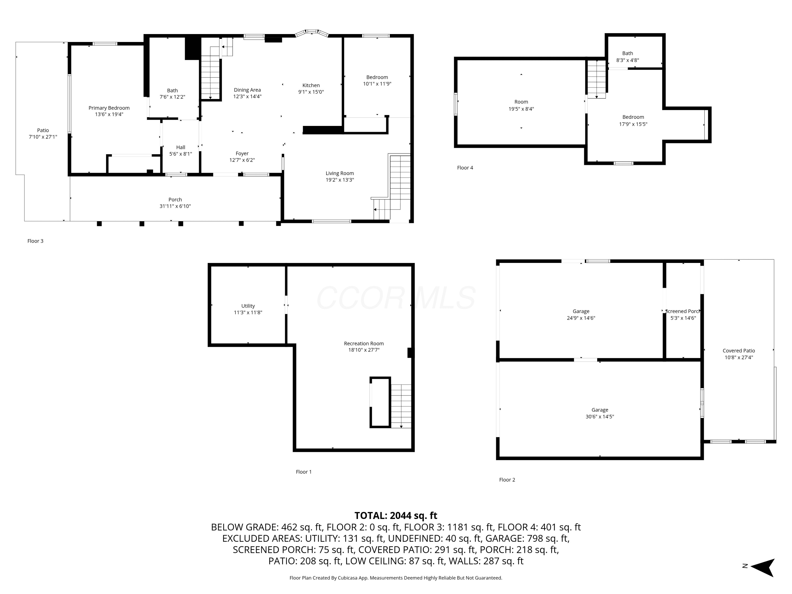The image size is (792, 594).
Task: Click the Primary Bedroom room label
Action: point(109,108)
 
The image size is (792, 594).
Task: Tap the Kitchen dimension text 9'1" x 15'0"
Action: point(311,92)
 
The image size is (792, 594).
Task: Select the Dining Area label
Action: point(247,90)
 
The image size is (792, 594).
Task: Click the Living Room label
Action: point(340,173)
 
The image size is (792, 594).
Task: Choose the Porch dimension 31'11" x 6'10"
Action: point(175,206)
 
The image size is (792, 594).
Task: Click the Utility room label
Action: point(248,306)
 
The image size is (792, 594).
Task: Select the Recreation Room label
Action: point(364,343)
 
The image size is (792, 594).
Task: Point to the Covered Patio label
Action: point(739,351)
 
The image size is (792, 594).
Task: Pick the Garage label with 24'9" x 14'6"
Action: point(581,312)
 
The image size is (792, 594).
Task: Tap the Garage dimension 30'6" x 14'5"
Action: point(600,416)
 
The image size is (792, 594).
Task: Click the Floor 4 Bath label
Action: point(628,53)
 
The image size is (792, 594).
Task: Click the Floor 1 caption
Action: point(304,472)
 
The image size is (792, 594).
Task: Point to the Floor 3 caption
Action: point(35,241)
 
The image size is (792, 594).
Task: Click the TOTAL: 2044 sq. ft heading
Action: point(396,516)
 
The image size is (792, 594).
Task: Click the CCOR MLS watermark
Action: point(396,298)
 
